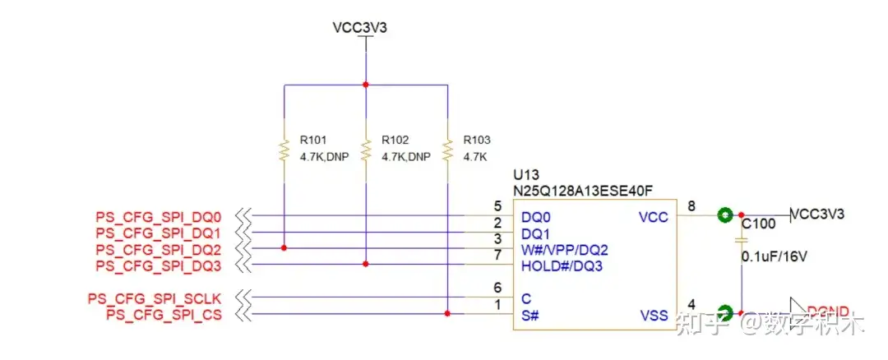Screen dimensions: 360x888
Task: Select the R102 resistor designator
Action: tap(395, 140)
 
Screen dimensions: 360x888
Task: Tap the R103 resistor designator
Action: tap(477, 140)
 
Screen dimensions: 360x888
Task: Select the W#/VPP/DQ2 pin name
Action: tap(565, 249)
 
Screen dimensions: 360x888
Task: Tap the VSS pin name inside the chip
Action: tap(653, 316)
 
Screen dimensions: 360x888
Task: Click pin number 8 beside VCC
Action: tap(691, 206)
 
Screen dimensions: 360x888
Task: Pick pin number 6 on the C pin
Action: tap(497, 287)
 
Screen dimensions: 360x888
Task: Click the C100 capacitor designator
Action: tap(758, 223)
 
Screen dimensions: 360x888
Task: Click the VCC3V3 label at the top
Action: tap(359, 27)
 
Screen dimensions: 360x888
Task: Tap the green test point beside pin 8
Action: tap(724, 215)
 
